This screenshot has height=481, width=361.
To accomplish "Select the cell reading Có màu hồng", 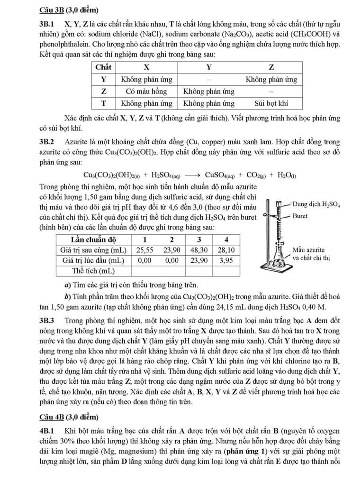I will point(146,91).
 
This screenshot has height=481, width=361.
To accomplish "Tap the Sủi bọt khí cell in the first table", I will point(271,103).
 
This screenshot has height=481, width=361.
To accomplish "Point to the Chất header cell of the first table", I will point(103,67).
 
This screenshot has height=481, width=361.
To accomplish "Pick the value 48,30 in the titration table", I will point(199,250).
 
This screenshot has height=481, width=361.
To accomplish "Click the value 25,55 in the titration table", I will point(144,250).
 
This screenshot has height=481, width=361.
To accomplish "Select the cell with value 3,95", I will point(226,260).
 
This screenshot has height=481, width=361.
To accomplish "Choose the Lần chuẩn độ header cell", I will point(93,240).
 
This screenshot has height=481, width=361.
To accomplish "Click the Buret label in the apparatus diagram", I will point(300,216).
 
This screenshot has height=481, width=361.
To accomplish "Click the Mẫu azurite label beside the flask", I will point(308,250).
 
